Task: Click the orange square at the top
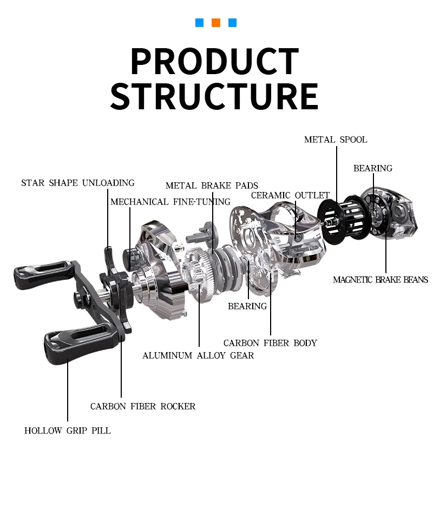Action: [216, 23]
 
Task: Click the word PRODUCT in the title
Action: [215, 61]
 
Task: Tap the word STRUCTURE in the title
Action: [214, 96]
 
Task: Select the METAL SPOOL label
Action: [335, 140]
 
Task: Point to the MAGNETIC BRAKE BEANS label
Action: [380, 280]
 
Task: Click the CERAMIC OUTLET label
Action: [290, 195]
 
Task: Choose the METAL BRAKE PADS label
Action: [212, 186]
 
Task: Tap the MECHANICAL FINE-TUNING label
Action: [170, 202]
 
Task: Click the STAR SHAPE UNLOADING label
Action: [77, 183]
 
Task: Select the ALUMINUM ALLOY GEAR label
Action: [198, 355]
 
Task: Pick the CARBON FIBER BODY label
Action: [270, 343]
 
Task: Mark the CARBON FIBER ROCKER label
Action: [143, 406]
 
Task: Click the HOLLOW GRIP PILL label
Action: [67, 431]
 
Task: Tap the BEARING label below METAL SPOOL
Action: [372, 168]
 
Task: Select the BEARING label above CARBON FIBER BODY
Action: [247, 306]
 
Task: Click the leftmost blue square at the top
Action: [200, 23]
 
